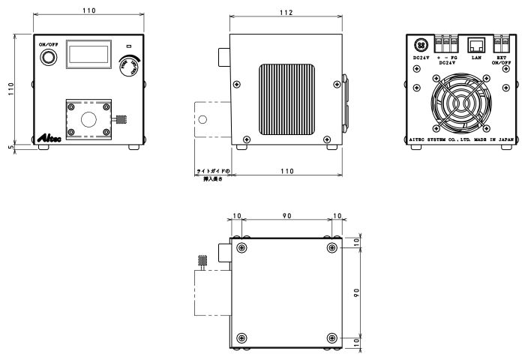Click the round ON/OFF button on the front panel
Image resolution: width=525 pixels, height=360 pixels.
click(50, 58)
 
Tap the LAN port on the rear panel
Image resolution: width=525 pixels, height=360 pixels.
click(474, 46)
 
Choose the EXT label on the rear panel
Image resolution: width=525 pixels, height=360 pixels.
click(502, 57)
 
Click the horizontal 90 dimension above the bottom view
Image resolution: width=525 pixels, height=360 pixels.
click(286, 216)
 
